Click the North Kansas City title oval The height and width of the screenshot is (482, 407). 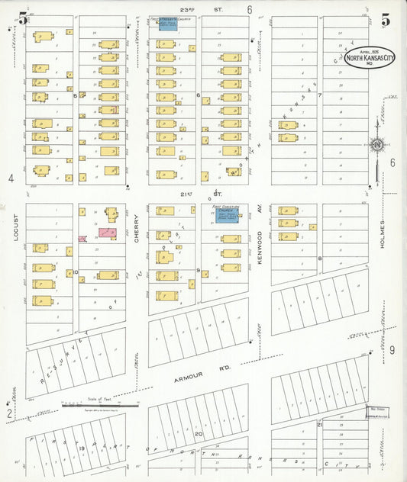tap(369, 57)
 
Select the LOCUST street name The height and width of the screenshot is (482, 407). tap(15, 227)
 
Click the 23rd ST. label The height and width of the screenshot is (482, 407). tap(189, 9)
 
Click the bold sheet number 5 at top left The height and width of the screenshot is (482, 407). tap(23, 19)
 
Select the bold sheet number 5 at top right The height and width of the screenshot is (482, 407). tap(386, 19)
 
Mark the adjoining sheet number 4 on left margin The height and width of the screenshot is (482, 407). tap(11, 178)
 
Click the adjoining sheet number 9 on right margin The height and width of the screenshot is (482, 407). tap(392, 350)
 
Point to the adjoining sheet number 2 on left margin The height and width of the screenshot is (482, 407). tap(9, 413)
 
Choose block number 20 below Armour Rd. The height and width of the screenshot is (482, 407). tap(197, 432)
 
